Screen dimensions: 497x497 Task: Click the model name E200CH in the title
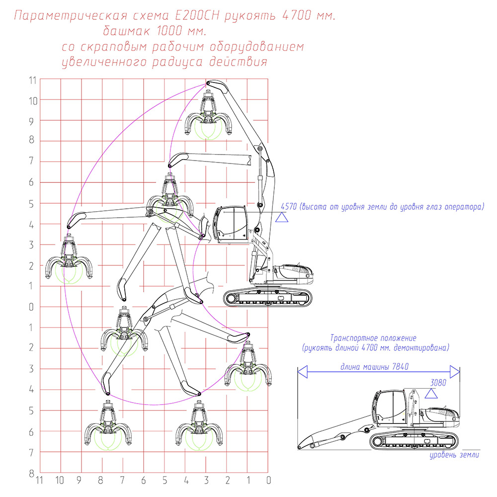[196, 16]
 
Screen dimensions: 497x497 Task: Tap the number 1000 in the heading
[169, 31]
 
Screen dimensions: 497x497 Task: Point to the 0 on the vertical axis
[31, 307]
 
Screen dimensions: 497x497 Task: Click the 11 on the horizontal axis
[39, 480]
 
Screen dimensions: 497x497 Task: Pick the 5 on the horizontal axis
[165, 480]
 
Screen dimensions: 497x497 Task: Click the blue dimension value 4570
[288, 207]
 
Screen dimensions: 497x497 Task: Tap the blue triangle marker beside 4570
[281, 218]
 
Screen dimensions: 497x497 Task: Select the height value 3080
[438, 383]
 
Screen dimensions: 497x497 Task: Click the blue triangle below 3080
[431, 394]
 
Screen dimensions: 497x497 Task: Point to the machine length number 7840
[400, 367]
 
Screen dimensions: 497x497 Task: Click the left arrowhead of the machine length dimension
[302, 371]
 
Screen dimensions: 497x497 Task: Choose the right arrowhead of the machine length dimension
[455, 371]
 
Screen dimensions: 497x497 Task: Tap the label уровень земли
[454, 455]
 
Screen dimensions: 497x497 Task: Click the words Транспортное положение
[373, 338]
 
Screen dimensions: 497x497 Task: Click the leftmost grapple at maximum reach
[69, 259]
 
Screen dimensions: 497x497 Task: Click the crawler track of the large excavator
[268, 298]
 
